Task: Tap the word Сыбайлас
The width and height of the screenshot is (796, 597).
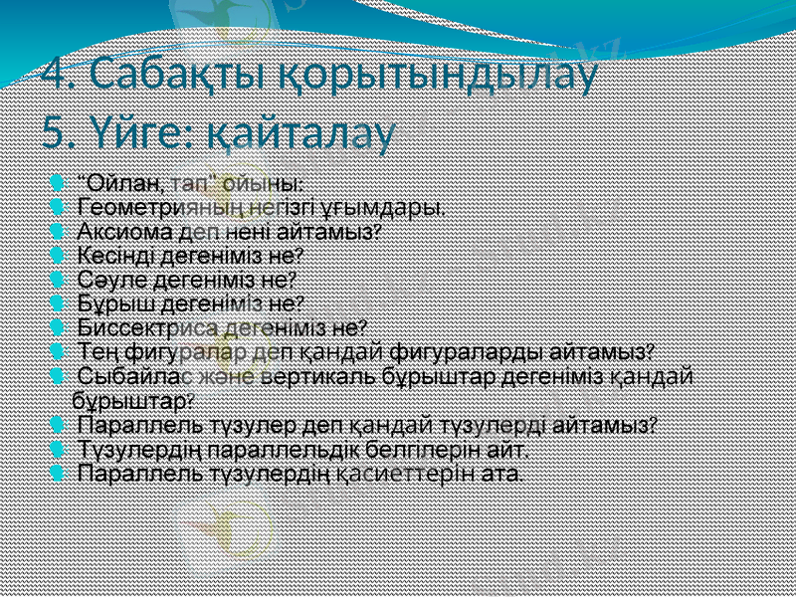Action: point(128,377)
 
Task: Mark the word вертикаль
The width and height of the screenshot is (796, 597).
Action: point(312,377)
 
